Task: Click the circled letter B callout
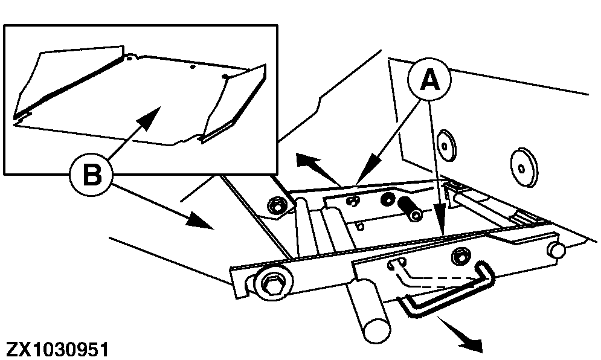pos(91,176)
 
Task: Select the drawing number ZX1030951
pos(58,350)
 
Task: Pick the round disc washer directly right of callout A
pos(446,144)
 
